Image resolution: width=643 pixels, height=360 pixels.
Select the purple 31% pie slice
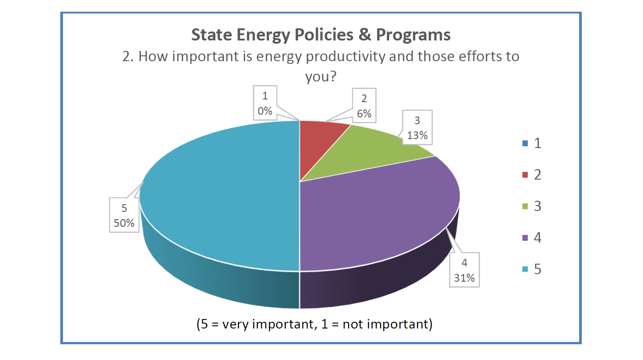(x=378, y=211)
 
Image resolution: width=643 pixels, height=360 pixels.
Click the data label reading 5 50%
(x=124, y=216)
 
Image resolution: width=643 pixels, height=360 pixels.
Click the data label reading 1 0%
(x=265, y=103)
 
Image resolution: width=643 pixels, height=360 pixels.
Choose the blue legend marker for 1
(x=525, y=144)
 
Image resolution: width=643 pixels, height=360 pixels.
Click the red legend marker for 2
(x=525, y=175)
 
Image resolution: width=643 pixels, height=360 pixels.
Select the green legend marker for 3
(x=525, y=207)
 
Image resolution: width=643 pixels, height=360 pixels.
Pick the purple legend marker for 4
(x=525, y=238)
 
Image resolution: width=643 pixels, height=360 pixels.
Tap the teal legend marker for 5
(x=525, y=269)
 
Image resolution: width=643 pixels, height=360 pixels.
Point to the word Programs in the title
(x=413, y=35)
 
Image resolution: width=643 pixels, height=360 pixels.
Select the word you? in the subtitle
(x=321, y=76)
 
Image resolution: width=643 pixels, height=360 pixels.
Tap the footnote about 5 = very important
(x=314, y=324)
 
